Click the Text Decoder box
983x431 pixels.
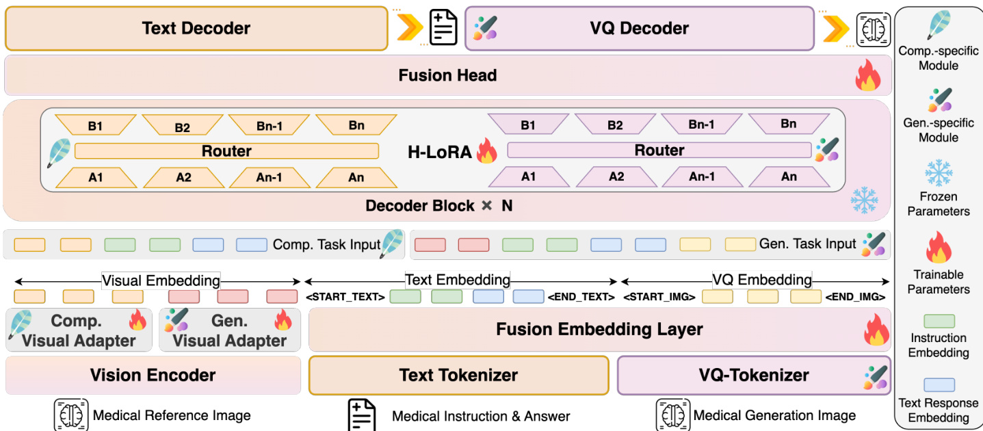pyautogui.click(x=196, y=28)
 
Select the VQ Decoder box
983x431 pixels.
pyautogui.click(x=639, y=28)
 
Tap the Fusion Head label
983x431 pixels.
pyautogui.click(x=447, y=75)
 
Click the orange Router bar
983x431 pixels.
pyautogui.click(x=226, y=151)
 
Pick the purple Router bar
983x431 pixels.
pyautogui.click(x=659, y=151)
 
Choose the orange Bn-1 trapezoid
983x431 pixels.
pyautogui.click(x=269, y=125)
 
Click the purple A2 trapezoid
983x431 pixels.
pyautogui.click(x=616, y=177)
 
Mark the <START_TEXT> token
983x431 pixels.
pyautogui.click(x=345, y=297)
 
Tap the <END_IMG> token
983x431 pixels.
pyautogui.click(x=855, y=297)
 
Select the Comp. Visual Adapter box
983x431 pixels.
pyautogui.click(x=79, y=330)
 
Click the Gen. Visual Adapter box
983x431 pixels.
pyautogui.click(x=229, y=330)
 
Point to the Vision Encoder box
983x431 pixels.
pyautogui.click(x=153, y=375)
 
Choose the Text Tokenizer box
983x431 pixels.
pyautogui.click(x=458, y=375)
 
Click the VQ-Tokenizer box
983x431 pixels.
pyautogui.click(x=754, y=375)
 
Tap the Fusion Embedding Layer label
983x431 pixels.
pyautogui.click(x=599, y=329)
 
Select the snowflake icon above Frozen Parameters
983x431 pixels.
pyautogui.click(x=938, y=174)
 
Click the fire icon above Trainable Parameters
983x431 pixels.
pyautogui.click(x=938, y=248)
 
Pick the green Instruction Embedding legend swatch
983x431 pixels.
pyautogui.click(x=939, y=321)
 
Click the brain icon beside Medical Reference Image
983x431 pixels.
pyautogui.click(x=71, y=415)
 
